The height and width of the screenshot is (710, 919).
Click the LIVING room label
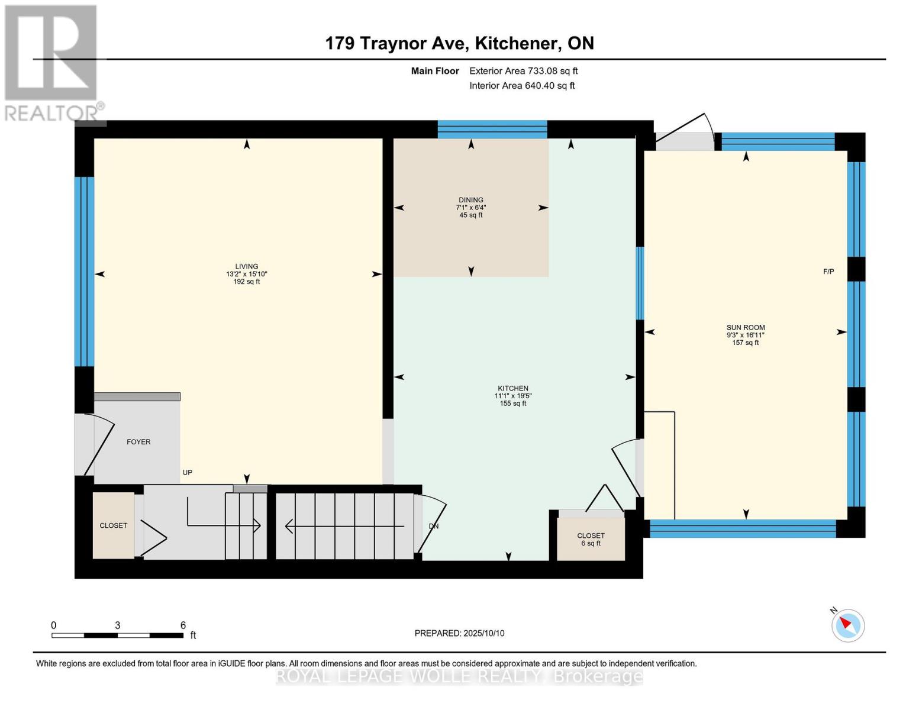[x=247, y=266]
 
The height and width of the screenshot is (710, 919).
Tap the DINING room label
[x=470, y=200]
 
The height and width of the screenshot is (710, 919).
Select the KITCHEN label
[x=512, y=388]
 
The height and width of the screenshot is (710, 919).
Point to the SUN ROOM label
[x=745, y=327]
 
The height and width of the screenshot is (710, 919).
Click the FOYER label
[x=138, y=442]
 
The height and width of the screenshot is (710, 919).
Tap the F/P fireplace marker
[x=828, y=272]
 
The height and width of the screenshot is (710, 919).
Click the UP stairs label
[x=188, y=472]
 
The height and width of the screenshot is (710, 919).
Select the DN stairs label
[x=434, y=526]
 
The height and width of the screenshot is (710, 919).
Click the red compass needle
[x=846, y=623]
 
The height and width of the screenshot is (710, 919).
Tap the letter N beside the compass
[x=834, y=611]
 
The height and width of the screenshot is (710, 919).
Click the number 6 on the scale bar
[x=183, y=625]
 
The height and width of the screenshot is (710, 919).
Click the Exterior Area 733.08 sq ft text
[x=524, y=71]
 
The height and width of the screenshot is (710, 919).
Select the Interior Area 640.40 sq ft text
[x=522, y=85]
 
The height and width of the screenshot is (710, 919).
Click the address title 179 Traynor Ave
[x=396, y=43]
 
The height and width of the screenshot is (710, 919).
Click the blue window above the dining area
[x=492, y=130]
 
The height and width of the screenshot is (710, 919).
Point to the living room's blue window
[x=84, y=272]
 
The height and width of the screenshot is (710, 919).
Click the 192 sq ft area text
[x=247, y=282]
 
